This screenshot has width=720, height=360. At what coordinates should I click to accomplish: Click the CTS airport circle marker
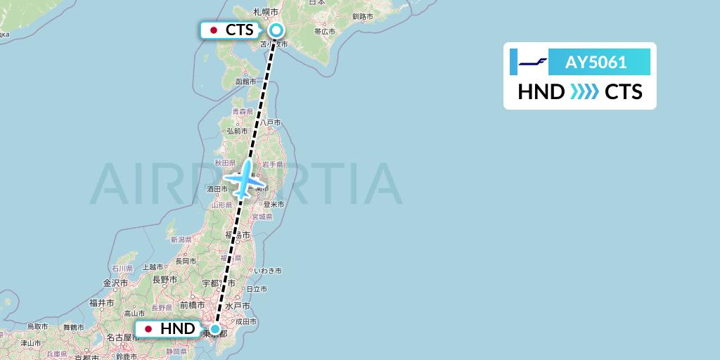point(276,30)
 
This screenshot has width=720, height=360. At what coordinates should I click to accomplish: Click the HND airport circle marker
point(214,328)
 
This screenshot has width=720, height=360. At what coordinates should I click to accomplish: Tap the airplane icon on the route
point(245,180)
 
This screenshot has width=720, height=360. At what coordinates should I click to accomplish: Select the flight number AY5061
point(596,62)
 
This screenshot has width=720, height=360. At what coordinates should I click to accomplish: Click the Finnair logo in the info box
point(533,63)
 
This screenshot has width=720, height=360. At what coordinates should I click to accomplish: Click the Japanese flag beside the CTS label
point(214,30)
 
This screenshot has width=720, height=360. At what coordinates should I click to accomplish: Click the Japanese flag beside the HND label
point(148,328)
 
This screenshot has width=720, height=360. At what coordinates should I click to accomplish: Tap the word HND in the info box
point(541,92)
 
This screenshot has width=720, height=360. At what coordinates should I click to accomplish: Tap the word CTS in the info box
point(624,92)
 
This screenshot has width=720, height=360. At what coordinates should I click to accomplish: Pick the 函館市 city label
point(246,82)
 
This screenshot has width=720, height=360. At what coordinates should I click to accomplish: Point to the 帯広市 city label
point(325,31)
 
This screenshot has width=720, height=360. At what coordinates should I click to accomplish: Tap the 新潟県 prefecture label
point(181,240)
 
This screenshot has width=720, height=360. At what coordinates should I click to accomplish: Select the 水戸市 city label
point(240,306)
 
